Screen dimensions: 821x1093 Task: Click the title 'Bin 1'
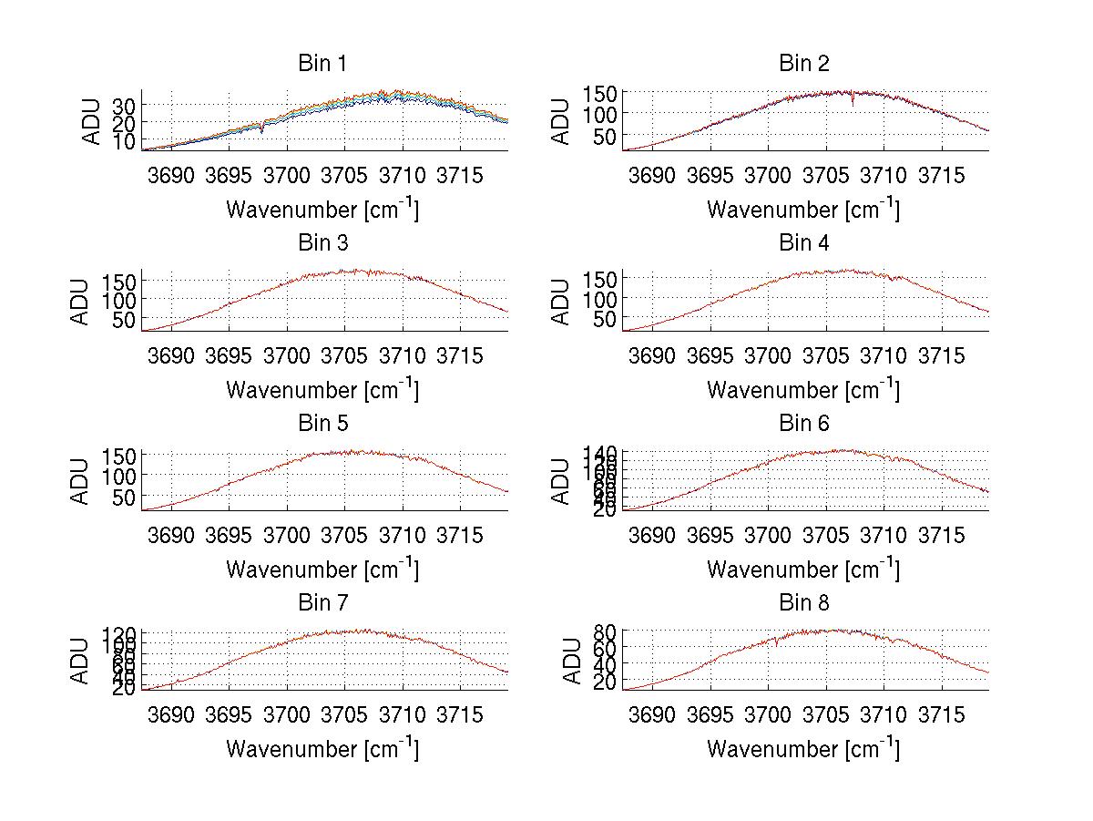[x=322, y=64]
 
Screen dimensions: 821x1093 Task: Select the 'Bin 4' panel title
[x=803, y=243]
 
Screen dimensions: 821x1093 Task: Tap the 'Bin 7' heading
[x=322, y=603]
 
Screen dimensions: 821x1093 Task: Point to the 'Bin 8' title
[x=803, y=603]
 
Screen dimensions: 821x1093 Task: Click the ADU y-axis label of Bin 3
[x=79, y=302]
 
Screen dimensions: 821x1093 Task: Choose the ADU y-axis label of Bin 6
[x=561, y=481]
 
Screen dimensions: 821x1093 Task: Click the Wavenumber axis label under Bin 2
[x=803, y=210]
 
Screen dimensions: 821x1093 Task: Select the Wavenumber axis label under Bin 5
[x=322, y=570]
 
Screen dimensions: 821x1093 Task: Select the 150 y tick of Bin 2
[x=605, y=93]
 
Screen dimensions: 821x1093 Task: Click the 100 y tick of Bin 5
[x=123, y=475]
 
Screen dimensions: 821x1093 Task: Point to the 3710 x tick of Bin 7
[x=403, y=713]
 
